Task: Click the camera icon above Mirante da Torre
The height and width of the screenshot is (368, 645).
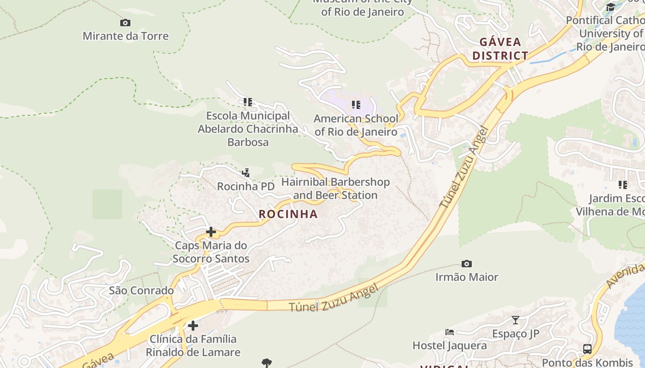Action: pos(125,23)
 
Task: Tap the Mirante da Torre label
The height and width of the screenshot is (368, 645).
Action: pos(126,36)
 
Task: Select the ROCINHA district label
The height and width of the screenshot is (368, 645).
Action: pos(288,214)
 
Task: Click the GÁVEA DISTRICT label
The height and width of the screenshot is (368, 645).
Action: pos(500,49)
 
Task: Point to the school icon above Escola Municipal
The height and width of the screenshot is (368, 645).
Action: pos(248,102)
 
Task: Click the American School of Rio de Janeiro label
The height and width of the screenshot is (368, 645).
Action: pos(356,125)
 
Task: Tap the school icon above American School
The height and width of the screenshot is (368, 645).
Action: pos(356,105)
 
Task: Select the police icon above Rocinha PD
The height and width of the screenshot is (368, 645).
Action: pos(246,173)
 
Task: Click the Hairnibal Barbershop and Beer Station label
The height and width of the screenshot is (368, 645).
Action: pos(335,189)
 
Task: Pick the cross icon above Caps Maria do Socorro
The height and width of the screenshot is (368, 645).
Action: pos(211,231)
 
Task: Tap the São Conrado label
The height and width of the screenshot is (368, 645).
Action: pos(141,291)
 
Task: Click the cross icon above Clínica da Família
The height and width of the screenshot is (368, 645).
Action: pos(193,326)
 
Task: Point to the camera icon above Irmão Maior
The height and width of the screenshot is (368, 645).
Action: pos(467,264)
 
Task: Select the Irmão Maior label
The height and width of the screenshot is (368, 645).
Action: pos(467,277)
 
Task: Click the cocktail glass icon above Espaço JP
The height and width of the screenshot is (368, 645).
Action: pos(516,320)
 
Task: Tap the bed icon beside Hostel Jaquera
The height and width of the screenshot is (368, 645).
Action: pos(450,332)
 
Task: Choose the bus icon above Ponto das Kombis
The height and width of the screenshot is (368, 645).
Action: pos(587,349)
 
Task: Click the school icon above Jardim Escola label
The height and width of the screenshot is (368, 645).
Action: pos(623,185)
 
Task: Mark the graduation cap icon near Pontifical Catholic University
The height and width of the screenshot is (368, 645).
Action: pos(610,7)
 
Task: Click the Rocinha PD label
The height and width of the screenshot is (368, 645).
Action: pos(246,186)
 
